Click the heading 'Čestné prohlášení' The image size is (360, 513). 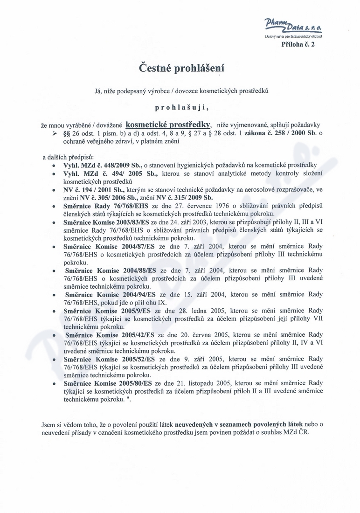click(180, 69)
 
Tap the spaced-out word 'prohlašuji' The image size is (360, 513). click(180, 107)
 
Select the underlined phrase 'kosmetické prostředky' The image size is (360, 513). click(169, 125)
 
